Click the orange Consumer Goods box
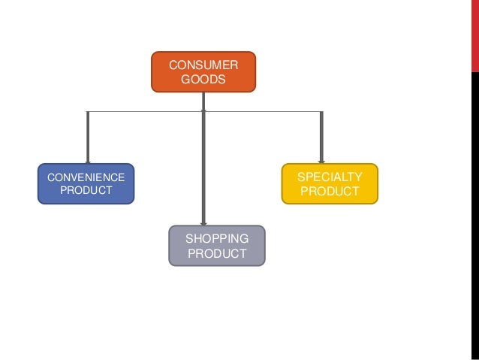203,71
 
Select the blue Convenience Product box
86,183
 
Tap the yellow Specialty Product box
330,183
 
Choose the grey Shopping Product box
217,246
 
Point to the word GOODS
203,79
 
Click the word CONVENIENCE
86,177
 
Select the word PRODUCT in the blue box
86,191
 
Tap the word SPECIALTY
330,177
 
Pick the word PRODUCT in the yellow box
330,191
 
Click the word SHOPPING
217,238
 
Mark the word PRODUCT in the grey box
217,253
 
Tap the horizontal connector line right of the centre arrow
263,112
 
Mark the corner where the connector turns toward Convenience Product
88,112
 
